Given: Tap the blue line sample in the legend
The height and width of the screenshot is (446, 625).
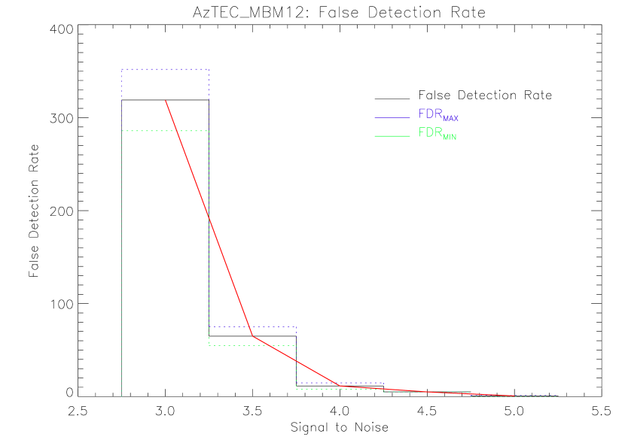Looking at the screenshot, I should (392, 117).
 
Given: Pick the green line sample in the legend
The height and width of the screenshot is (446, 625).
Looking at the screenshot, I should (392, 135).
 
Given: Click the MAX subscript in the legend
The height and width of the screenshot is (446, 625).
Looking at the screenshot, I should (450, 119).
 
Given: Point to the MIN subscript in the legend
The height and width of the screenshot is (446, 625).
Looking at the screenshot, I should (450, 138).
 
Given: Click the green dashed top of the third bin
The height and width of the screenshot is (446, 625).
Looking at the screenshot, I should (316, 389).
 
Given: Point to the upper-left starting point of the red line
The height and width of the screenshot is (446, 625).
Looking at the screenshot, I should (166, 100).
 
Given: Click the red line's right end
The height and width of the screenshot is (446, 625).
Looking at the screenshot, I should (514, 396).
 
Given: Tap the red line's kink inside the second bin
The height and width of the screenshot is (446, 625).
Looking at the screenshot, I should (253, 336).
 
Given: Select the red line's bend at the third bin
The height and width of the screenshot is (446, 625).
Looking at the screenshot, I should (340, 386).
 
